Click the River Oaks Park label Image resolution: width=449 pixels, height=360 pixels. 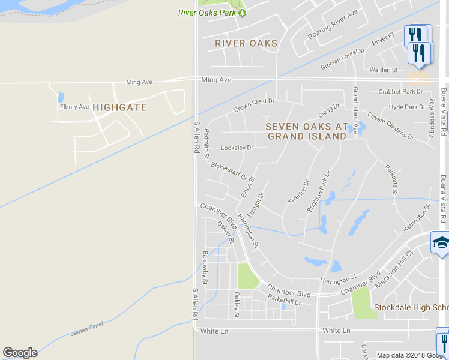pyautogui.click(x=207, y=13)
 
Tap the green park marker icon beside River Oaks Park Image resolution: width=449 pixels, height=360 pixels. pyautogui.click(x=243, y=13)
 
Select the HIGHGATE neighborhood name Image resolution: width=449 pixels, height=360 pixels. pyautogui.click(x=119, y=107)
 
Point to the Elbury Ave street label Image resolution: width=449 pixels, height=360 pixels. pyautogui.click(x=74, y=107)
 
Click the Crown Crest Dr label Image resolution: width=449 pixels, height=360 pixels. pyautogui.click(x=254, y=106)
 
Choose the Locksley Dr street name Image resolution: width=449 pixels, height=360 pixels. pyautogui.click(x=237, y=148)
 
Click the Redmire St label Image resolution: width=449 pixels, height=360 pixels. pyautogui.click(x=206, y=144)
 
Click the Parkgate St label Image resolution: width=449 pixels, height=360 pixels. pyautogui.click(x=391, y=179)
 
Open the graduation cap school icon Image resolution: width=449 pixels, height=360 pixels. pyautogui.click(x=441, y=244)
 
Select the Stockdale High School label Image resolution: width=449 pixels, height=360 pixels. pyautogui.click(x=411, y=308)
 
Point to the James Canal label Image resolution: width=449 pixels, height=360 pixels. pyautogui.click(x=87, y=328)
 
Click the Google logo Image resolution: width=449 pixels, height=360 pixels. pyautogui.click(x=20, y=353)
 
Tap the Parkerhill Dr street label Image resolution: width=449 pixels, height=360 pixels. pyautogui.click(x=284, y=302)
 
